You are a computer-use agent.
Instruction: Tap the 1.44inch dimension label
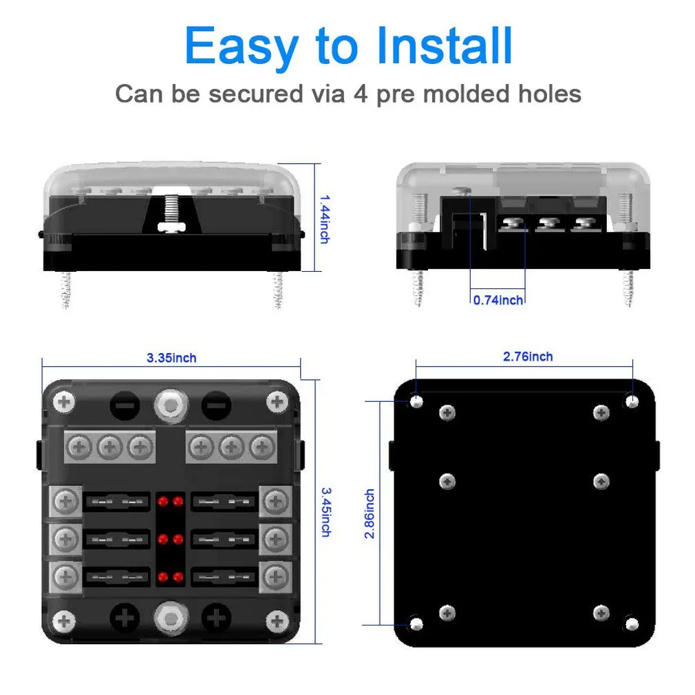point(324,218)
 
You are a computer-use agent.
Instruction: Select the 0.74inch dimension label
point(498,299)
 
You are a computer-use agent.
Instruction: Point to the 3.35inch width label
point(171,358)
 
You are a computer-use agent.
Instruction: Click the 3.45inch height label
point(324,512)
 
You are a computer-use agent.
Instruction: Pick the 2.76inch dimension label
point(528,356)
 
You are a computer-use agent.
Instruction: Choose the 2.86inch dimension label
point(370,513)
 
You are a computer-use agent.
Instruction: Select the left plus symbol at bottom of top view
point(125,617)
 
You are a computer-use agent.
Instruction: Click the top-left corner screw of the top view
point(64,402)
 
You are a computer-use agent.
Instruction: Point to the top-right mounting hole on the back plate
point(632,400)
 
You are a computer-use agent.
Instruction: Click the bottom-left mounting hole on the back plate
point(416,623)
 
